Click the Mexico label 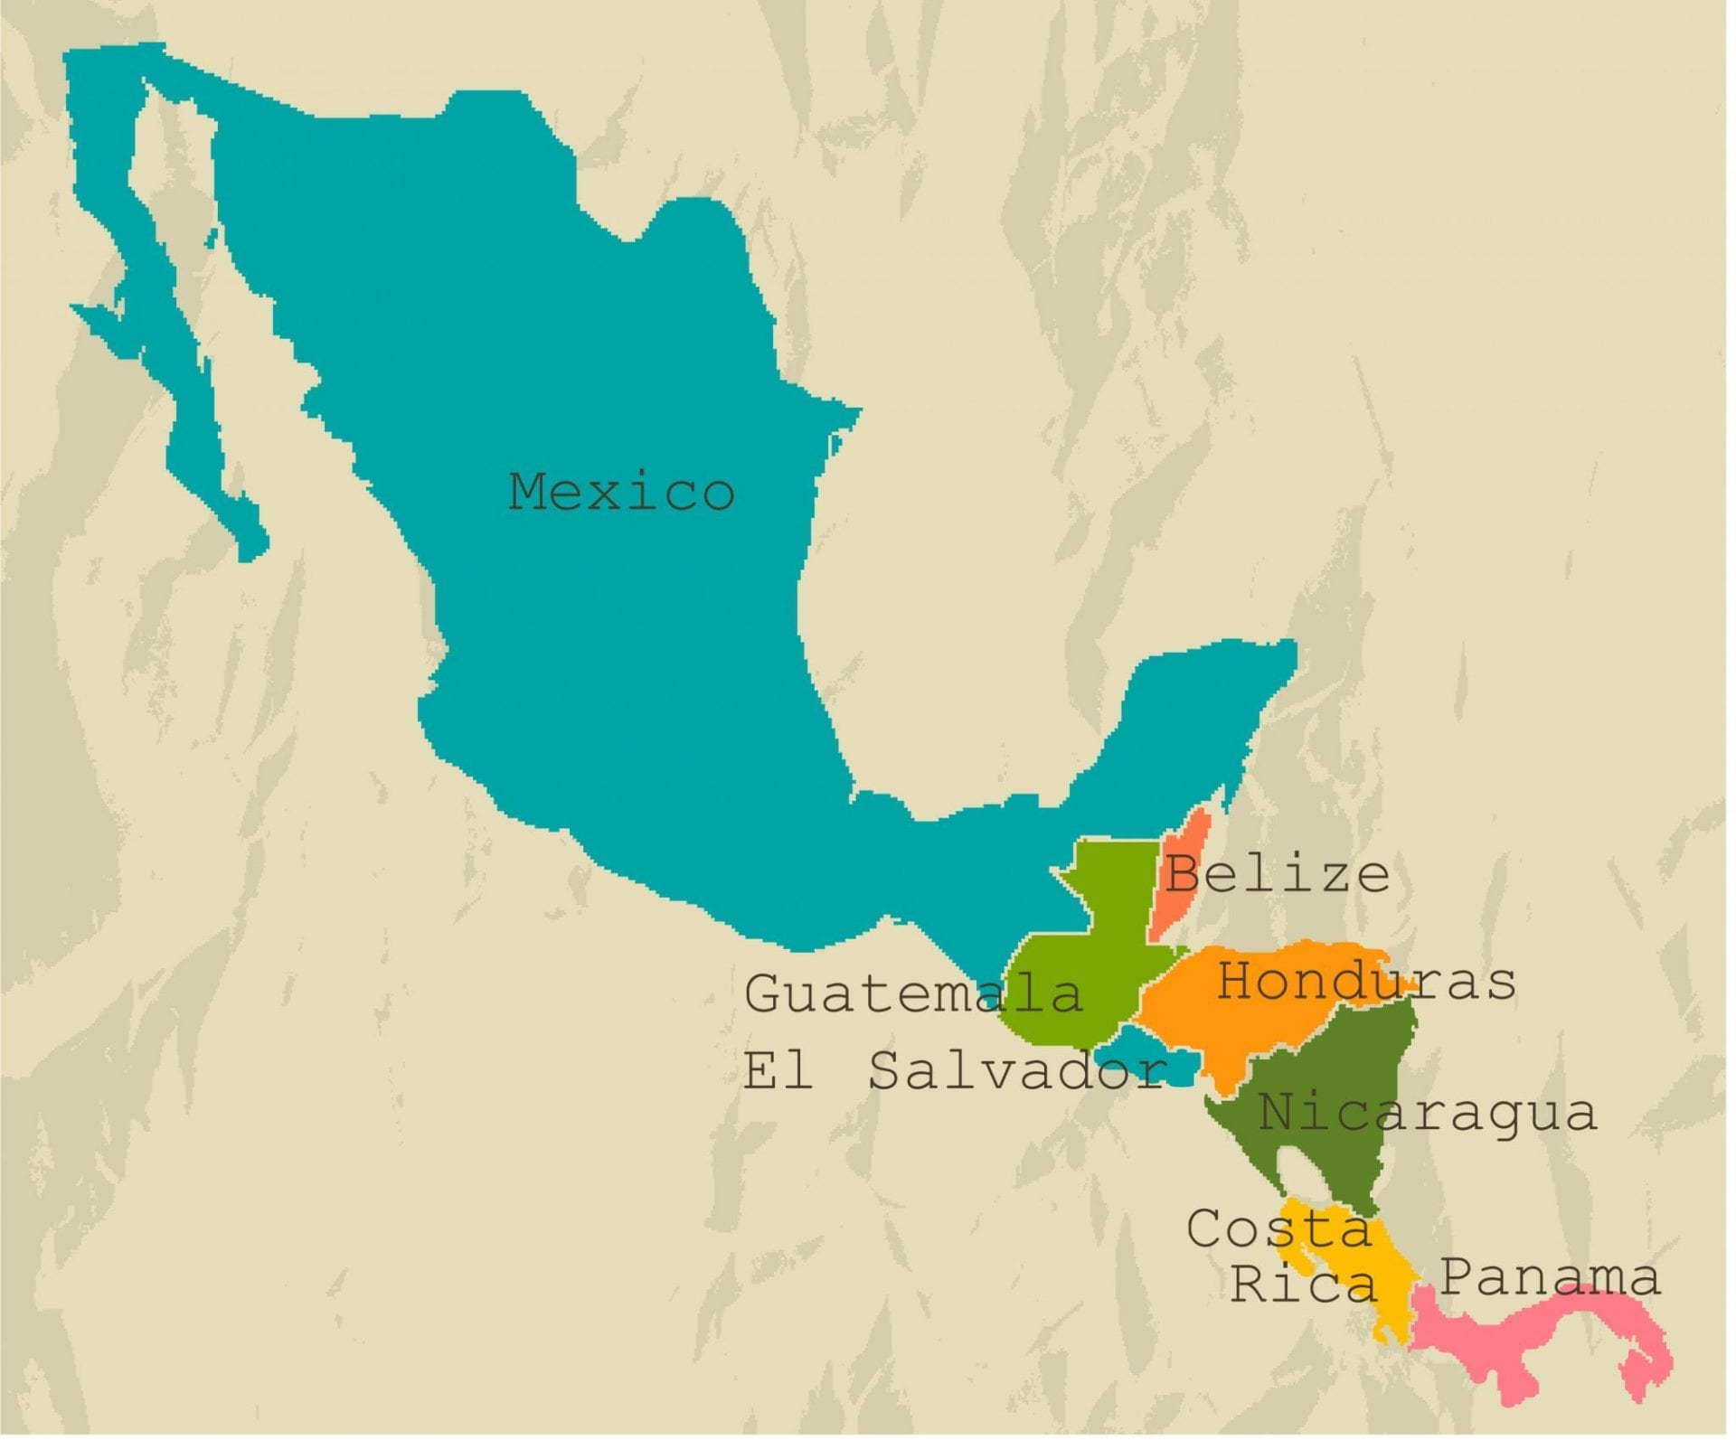coord(621,492)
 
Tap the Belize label coord(1277,874)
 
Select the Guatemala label coord(913,993)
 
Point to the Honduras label coord(1366,981)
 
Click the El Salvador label coord(955,1071)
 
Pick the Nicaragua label coord(1428,1113)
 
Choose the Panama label coord(1550,1277)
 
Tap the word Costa coord(1279,1229)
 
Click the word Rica coord(1303,1283)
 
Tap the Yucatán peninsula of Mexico coord(1203,705)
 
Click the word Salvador coord(1017,1071)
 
